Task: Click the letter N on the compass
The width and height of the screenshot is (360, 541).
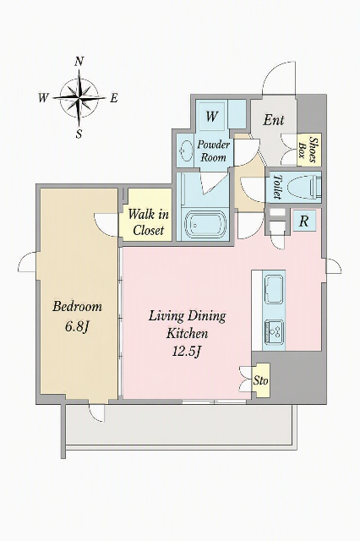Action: pos(79,62)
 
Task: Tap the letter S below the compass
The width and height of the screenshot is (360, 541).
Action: pos(79,134)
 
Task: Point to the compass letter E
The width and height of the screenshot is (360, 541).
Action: pos(114,98)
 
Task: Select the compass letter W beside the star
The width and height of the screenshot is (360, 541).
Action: pos(43,98)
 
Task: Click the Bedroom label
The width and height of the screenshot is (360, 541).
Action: pos(77,306)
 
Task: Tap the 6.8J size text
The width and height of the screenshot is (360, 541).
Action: pos(77,326)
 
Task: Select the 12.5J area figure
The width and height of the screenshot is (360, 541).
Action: pos(187,352)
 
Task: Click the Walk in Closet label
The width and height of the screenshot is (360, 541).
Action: pos(148,222)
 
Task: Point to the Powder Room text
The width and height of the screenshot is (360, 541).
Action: pos(214,151)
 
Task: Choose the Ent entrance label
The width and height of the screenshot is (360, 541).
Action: pos(274,120)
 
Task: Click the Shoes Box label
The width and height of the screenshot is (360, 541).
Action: pos(308,149)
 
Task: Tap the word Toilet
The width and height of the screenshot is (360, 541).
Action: pos(276,187)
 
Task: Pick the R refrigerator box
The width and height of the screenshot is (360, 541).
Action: pos(303,221)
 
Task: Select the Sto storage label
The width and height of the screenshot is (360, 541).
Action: pos(260,380)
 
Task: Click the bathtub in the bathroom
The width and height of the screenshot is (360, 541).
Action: pos(205,224)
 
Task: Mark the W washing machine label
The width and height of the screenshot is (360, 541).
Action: pos(211,117)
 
